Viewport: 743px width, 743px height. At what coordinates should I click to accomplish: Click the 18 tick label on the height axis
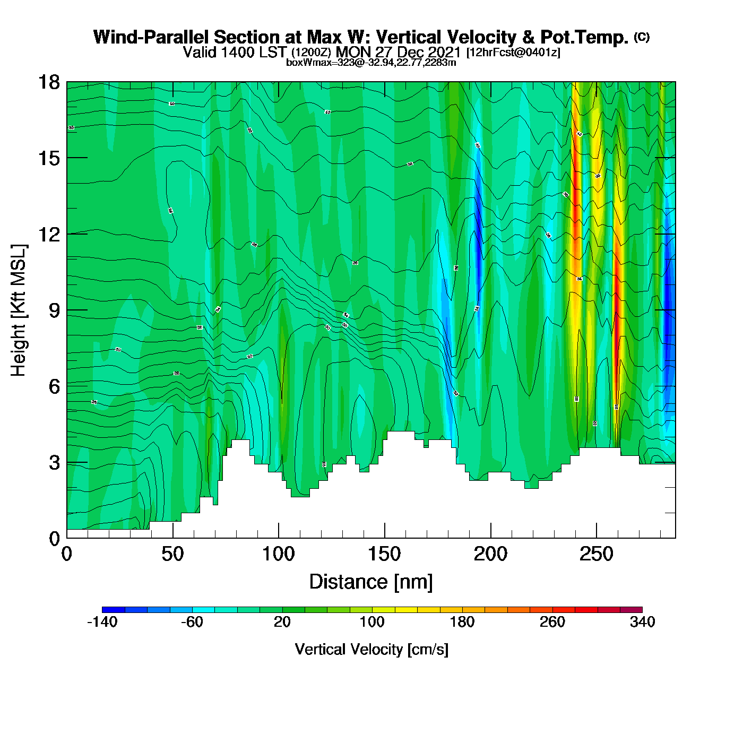point(48,82)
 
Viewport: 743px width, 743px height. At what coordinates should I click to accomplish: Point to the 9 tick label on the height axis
point(54,310)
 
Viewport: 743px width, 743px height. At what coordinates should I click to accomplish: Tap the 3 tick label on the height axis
point(54,463)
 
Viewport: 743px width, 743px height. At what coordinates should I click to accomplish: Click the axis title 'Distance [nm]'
point(371,582)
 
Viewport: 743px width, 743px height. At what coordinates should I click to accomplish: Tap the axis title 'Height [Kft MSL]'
point(19,310)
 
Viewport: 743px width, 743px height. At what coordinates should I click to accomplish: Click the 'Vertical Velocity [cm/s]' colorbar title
point(371,650)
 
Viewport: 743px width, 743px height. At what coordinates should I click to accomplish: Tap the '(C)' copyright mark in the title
point(642,37)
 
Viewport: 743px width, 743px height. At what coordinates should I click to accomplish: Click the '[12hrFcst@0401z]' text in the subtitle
point(513,53)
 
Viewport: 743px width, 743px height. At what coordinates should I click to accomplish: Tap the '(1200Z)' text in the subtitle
point(312,53)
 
